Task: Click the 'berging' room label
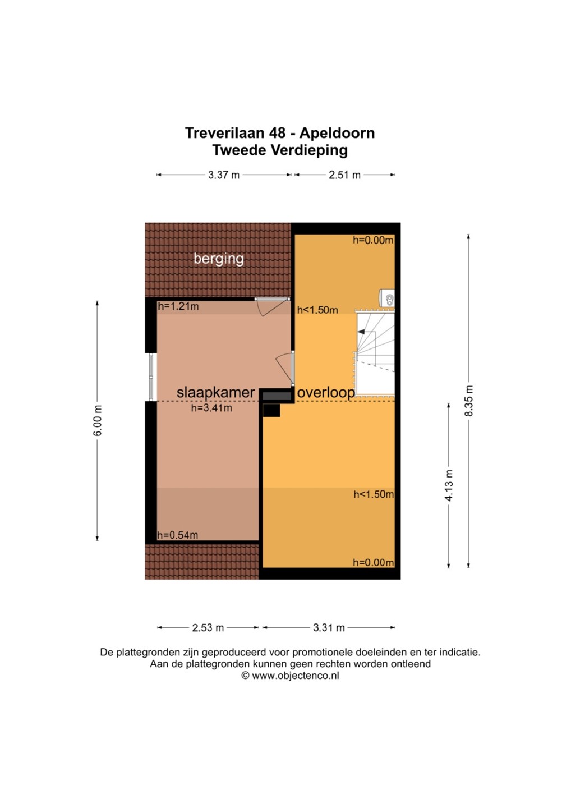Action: pyautogui.click(x=218, y=259)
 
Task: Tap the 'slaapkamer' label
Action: pyautogui.click(x=215, y=392)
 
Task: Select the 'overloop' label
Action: pyautogui.click(x=326, y=393)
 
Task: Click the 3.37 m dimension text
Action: pyautogui.click(x=223, y=175)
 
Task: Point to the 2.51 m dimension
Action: pyautogui.click(x=344, y=175)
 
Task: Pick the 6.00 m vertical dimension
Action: pyautogui.click(x=98, y=420)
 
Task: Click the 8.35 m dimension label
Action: pyautogui.click(x=468, y=401)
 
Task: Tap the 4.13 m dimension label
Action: pyautogui.click(x=449, y=485)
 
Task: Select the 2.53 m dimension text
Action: pyautogui.click(x=208, y=628)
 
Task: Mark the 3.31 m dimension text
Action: pyautogui.click(x=329, y=628)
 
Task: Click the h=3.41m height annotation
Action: pyautogui.click(x=211, y=408)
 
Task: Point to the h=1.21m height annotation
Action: pyautogui.click(x=178, y=306)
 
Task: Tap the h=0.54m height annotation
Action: pyautogui.click(x=178, y=535)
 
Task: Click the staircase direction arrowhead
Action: pyautogui.click(x=361, y=332)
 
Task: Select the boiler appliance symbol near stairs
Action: pyautogui.click(x=386, y=299)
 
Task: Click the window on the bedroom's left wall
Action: pyautogui.click(x=151, y=377)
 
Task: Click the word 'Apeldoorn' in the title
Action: pyautogui.click(x=337, y=133)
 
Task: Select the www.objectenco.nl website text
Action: pyautogui.click(x=295, y=676)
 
